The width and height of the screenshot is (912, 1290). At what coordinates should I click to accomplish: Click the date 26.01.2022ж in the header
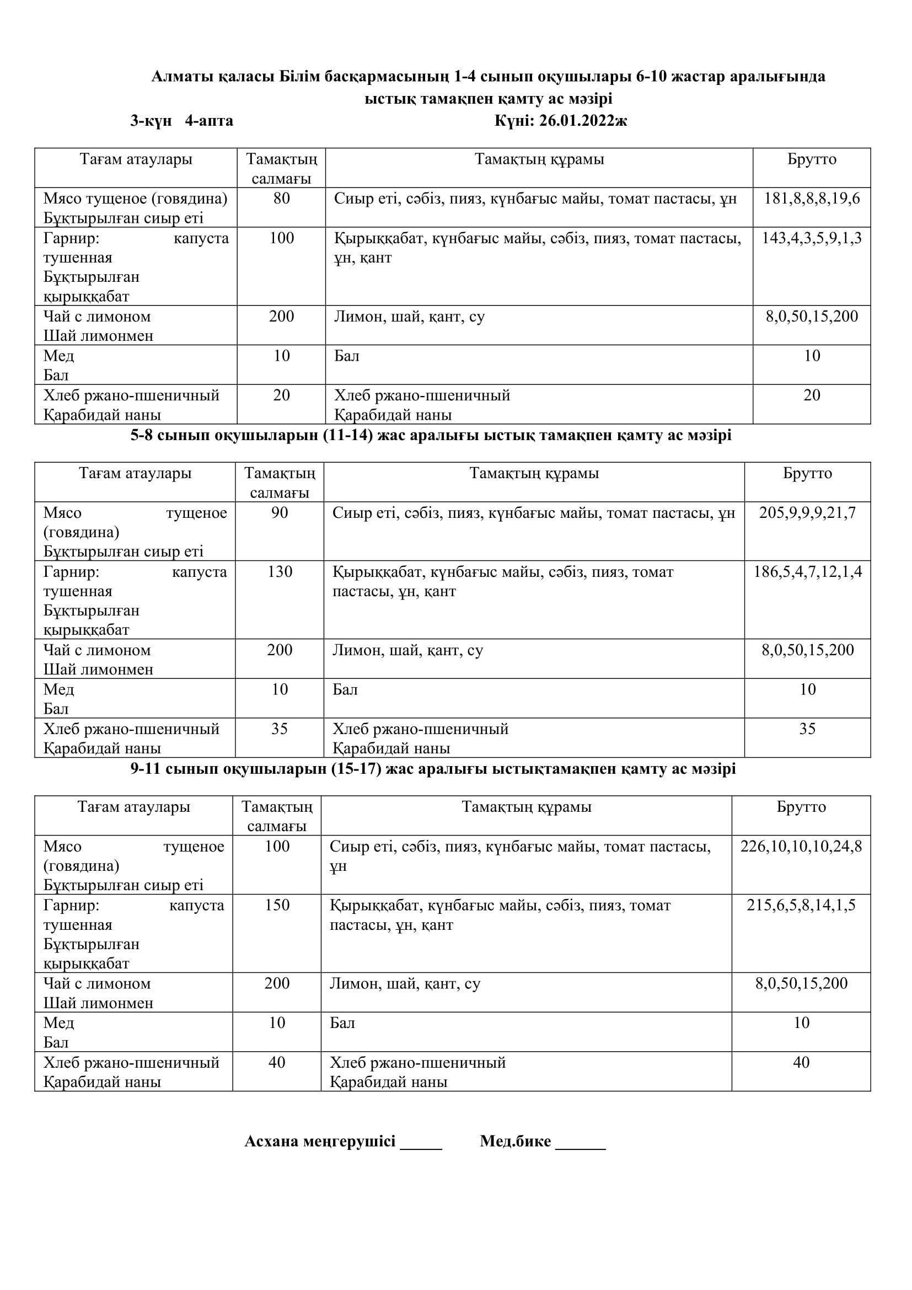click(x=582, y=121)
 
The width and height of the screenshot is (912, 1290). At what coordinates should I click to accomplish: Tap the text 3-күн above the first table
click(x=151, y=121)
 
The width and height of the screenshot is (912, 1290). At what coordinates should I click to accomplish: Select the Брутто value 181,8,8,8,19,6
click(x=812, y=199)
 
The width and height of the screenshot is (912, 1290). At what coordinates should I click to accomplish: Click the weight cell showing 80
click(x=281, y=199)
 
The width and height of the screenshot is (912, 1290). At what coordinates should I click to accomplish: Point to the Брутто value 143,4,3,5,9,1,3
click(x=812, y=238)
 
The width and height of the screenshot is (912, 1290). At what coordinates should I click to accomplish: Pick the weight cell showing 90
click(x=280, y=512)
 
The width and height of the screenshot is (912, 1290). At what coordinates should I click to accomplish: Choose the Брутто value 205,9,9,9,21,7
click(x=808, y=512)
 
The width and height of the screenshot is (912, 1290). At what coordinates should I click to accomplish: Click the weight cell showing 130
click(x=280, y=571)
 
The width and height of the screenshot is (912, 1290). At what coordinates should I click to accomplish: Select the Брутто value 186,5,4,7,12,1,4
click(x=808, y=571)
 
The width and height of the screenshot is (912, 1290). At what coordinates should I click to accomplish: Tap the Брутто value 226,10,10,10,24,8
click(x=801, y=846)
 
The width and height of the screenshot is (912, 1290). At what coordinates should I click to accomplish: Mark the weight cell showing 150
click(x=277, y=905)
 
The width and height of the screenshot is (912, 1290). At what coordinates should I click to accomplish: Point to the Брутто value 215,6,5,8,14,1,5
click(x=801, y=905)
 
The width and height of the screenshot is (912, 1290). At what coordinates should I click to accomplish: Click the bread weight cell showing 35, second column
click(x=280, y=729)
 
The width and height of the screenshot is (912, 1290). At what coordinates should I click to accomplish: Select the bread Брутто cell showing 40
click(x=801, y=1062)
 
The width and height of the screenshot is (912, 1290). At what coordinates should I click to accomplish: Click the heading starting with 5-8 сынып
click(x=431, y=436)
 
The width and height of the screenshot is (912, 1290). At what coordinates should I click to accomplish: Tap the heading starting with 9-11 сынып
click(x=433, y=769)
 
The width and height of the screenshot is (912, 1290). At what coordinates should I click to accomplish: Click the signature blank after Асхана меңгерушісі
click(x=421, y=1143)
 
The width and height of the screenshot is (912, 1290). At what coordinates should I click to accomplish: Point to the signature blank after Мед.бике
click(x=581, y=1143)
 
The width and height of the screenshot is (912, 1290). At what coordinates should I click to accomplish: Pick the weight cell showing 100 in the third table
click(x=277, y=846)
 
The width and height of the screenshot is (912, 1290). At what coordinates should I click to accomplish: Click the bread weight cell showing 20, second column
click(x=281, y=395)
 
